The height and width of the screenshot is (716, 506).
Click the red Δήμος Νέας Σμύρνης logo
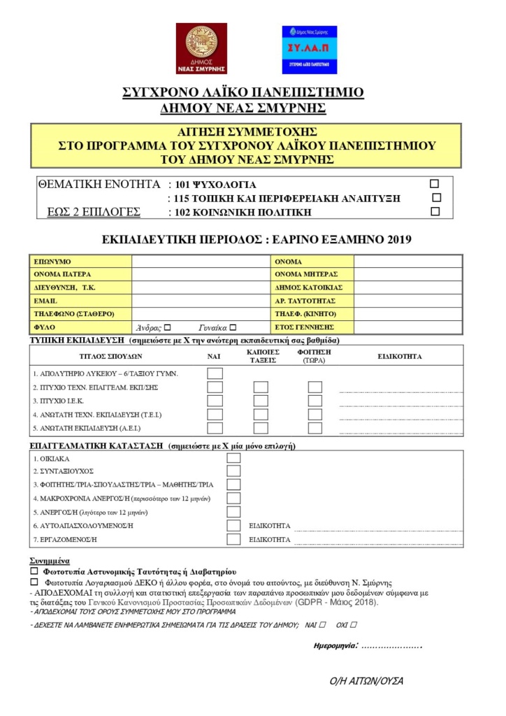tap(201, 48)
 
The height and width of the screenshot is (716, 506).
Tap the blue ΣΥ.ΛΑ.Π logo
tap(309, 50)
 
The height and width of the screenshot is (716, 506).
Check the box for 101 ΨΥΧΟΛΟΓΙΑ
tap(434, 184)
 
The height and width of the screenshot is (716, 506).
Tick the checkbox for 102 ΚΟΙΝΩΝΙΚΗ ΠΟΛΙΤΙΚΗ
tap(435, 211)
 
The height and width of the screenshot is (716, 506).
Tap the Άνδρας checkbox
tap(167, 327)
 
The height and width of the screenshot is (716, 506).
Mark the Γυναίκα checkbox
tap(233, 327)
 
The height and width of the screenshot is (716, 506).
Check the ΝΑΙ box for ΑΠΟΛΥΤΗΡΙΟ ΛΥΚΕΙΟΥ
tap(215, 373)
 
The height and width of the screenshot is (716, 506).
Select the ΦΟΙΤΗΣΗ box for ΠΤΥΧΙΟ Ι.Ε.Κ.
tap(315, 401)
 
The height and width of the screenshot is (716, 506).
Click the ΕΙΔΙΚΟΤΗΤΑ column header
tap(400, 356)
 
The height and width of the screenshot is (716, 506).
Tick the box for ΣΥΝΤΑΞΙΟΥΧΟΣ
tap(233, 471)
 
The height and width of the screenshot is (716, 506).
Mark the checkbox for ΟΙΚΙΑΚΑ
tap(233, 458)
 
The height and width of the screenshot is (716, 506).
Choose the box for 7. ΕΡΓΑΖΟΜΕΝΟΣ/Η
tap(233, 539)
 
